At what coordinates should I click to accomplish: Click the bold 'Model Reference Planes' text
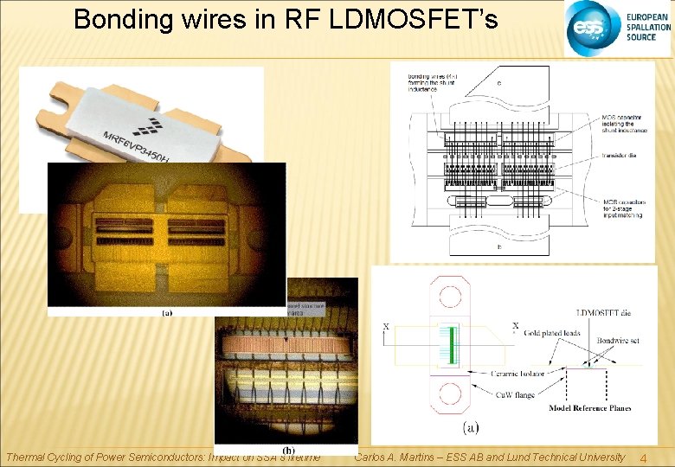589,408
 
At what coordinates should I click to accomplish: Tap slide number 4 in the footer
642,457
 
